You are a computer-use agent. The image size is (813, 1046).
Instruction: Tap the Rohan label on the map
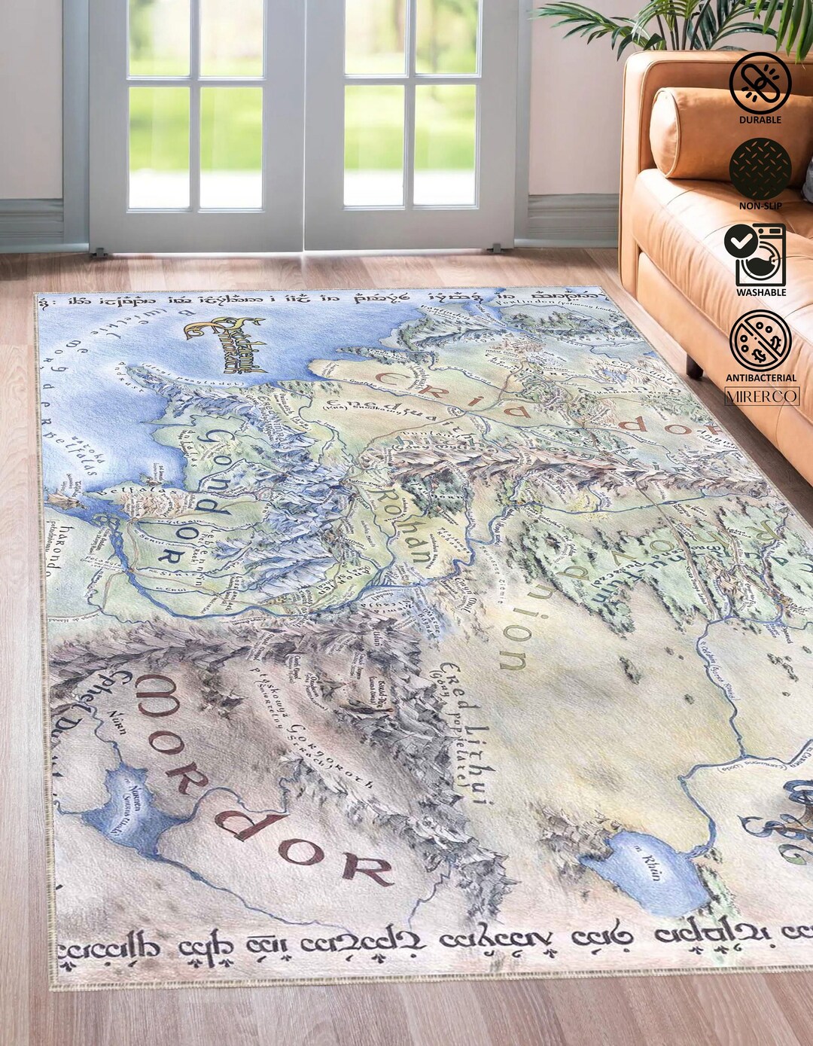[x=403, y=527]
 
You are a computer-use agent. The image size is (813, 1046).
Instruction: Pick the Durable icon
[x=760, y=83]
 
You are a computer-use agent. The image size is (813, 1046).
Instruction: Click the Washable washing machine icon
[x=756, y=255]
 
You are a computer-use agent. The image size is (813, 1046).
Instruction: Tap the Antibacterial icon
[x=760, y=340]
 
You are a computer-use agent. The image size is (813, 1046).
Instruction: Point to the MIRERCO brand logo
[x=761, y=396]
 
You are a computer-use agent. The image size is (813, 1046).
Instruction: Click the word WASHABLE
[x=760, y=292]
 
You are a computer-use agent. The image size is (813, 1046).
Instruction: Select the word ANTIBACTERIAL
[x=760, y=378]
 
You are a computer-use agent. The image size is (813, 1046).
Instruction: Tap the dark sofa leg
[x=694, y=367]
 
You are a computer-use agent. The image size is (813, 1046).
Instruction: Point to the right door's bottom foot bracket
[x=494, y=247]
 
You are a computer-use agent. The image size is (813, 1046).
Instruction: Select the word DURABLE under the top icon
[x=760, y=120]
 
